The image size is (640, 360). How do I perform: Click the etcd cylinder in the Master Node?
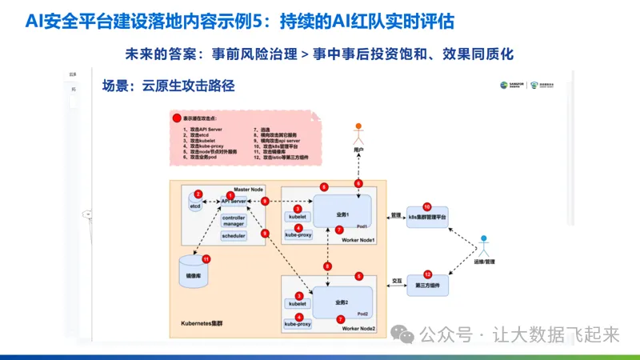[x=194, y=204]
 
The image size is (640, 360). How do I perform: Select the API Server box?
[x=234, y=202]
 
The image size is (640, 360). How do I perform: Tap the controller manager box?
[x=234, y=220]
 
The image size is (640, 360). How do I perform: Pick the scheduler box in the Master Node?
[x=234, y=236]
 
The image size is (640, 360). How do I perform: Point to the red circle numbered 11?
[x=206, y=259]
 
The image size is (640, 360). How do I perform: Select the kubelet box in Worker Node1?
[x=298, y=217]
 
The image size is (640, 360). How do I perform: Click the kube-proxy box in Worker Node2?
[x=298, y=323]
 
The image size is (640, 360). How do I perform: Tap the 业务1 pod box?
[x=342, y=212]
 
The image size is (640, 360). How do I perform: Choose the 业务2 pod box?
[x=342, y=302]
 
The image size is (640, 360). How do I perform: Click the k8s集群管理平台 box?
[x=427, y=218]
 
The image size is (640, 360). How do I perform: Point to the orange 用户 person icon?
[x=359, y=131]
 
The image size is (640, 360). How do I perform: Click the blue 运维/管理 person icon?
[x=484, y=245]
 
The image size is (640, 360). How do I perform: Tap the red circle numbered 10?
[x=427, y=207]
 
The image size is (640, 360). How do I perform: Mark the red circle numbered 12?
[x=428, y=274]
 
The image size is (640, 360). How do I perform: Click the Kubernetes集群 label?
[x=206, y=322]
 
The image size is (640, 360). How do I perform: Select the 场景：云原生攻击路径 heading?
[x=168, y=86]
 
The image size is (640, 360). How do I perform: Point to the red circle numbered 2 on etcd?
[x=198, y=194]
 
